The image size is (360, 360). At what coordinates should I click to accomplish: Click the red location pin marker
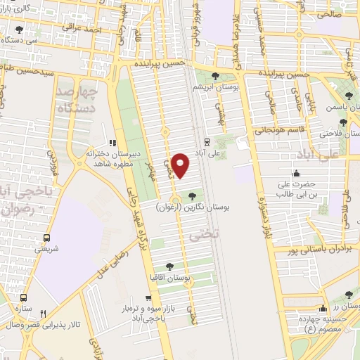(181, 164)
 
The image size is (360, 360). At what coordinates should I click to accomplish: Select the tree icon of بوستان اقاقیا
(169, 266)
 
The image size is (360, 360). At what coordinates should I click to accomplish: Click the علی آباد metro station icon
(206, 139)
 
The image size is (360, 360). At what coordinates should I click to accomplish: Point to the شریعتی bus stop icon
(47, 238)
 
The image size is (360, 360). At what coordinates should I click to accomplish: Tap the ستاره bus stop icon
(24, 298)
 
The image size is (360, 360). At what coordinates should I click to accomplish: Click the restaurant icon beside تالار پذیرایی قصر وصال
(43, 313)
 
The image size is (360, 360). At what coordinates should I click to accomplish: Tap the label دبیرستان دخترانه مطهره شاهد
(113, 157)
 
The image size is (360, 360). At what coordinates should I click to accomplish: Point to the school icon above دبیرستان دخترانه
(112, 143)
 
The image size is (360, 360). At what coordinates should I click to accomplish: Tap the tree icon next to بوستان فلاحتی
(343, 122)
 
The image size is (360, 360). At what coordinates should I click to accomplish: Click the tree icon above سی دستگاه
(18, 30)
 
